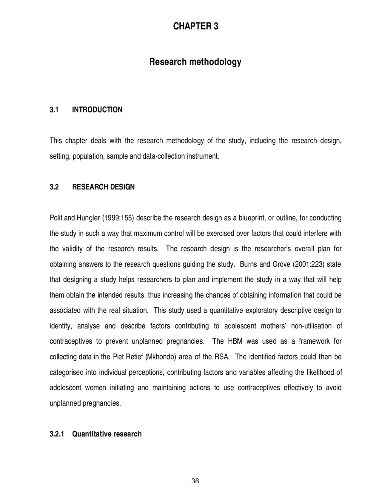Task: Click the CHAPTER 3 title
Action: [x=195, y=27]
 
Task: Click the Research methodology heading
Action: [x=195, y=62]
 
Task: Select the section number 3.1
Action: [x=54, y=110]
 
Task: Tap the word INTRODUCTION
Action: [x=97, y=110]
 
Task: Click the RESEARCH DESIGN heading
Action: [x=103, y=187]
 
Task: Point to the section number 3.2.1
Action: [x=57, y=434]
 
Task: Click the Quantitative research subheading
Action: [x=107, y=434]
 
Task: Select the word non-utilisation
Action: [x=311, y=326]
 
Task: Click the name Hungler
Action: [x=88, y=218]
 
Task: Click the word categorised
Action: [x=67, y=372]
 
